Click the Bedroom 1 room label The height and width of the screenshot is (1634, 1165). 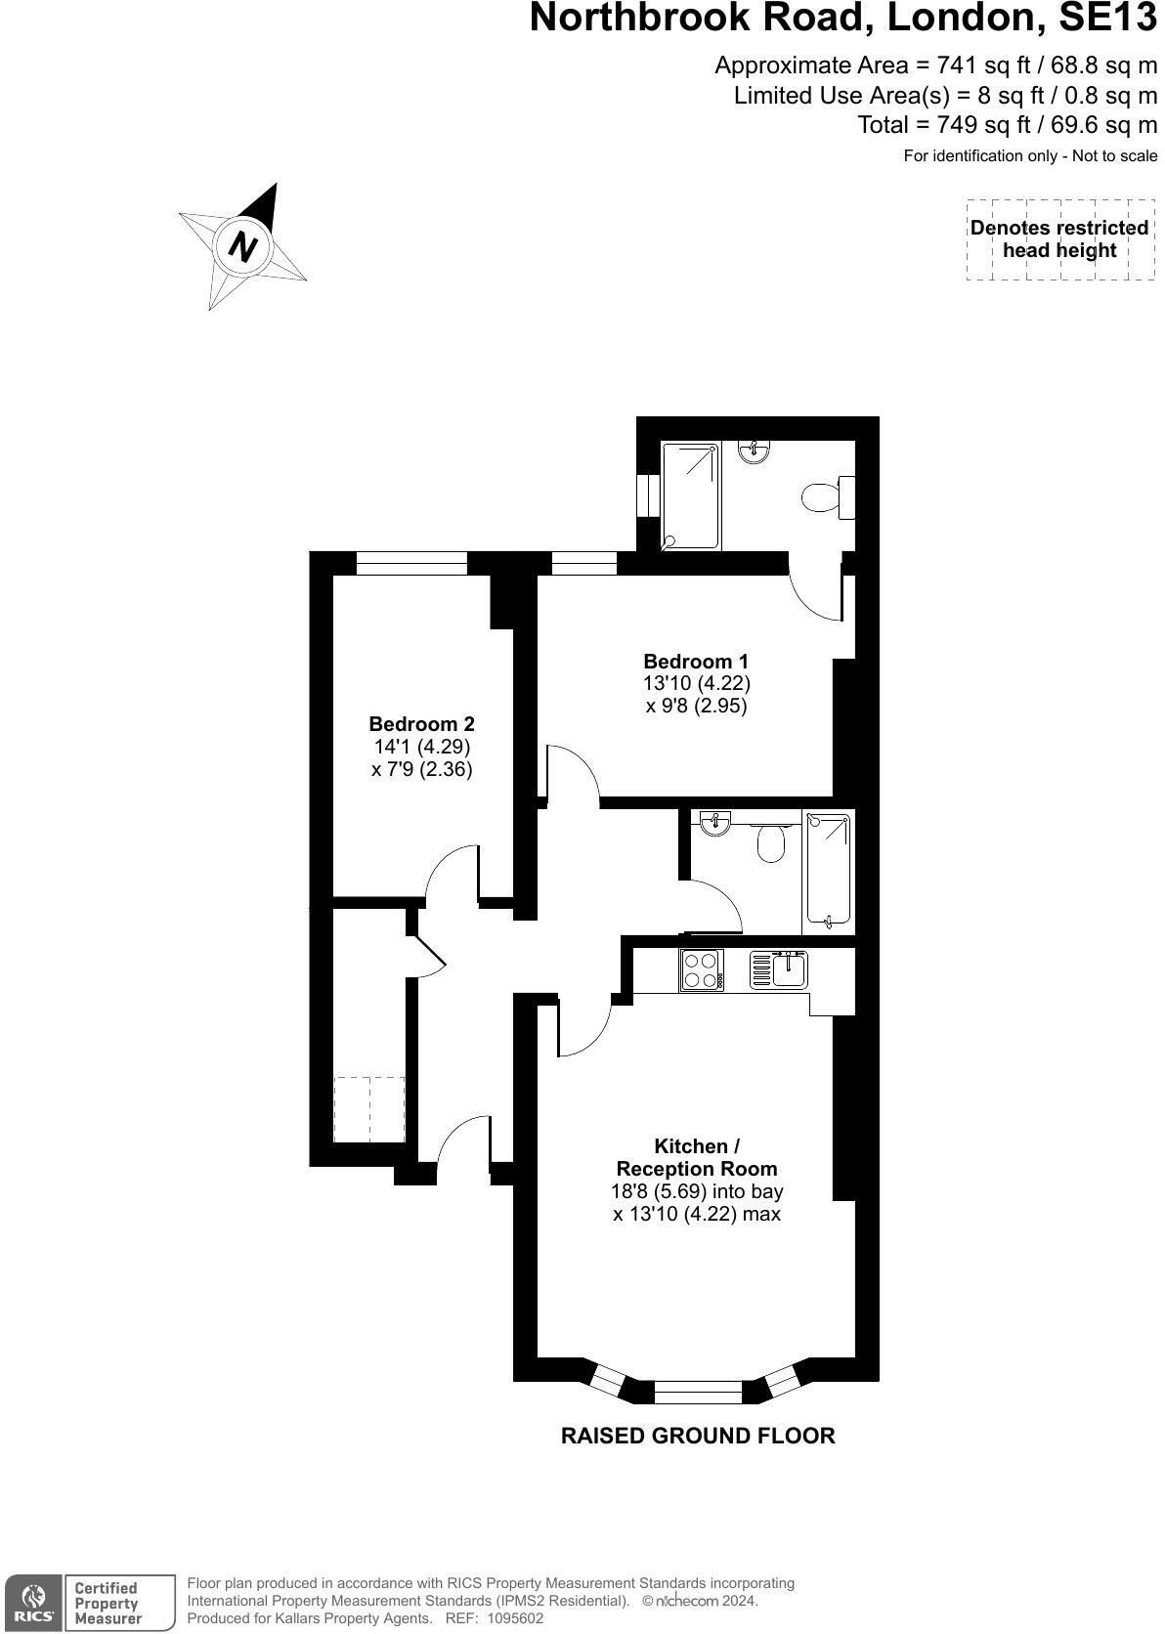point(696,662)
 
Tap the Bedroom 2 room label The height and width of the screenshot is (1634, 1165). point(421,724)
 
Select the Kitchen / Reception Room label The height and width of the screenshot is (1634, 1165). point(696,1157)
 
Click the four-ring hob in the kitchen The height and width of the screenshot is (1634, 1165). point(701,969)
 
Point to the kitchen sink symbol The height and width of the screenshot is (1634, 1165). point(779,969)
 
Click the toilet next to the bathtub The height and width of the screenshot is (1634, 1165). point(772,842)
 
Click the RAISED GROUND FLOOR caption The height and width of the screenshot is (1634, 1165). point(698,1436)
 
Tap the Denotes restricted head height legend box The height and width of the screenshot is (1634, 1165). point(1059,239)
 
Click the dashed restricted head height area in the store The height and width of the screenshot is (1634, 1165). point(368,1108)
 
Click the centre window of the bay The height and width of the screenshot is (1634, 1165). point(698,1392)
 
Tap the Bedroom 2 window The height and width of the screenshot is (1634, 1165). point(411,562)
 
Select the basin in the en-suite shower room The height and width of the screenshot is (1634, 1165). point(754,451)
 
